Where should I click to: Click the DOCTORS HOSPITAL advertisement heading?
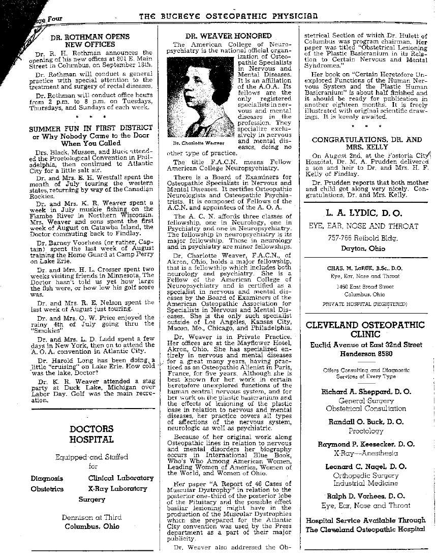click(x=91, y=434)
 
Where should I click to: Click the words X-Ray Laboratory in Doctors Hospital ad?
click(x=120, y=488)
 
